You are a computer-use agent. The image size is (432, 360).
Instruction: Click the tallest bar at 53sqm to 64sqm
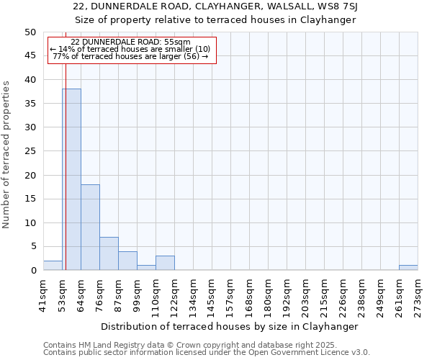coord(71,179)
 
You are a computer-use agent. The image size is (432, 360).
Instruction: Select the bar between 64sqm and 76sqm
coord(90,228)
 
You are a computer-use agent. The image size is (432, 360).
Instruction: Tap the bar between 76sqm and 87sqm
coord(109,253)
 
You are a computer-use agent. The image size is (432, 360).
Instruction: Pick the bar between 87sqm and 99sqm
coord(127,261)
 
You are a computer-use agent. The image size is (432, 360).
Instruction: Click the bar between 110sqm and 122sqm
coord(165,263)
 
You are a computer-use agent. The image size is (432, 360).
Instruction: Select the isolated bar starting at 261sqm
coord(408,268)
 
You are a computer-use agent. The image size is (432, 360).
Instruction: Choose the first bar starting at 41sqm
coord(53,266)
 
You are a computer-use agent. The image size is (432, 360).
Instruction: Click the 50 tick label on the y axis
coord(30,32)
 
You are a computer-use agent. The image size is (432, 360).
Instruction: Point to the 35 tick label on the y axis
coord(30,104)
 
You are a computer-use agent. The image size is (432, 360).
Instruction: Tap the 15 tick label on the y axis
coord(30,199)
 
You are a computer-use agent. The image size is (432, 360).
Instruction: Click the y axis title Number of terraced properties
coord(7,155)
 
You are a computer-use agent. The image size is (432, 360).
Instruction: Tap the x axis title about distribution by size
coord(230,326)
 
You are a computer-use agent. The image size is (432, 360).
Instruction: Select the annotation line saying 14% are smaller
coord(130,49)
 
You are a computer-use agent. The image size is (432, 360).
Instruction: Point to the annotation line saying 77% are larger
coord(130,56)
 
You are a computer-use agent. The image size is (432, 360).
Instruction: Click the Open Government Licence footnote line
coord(207,353)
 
